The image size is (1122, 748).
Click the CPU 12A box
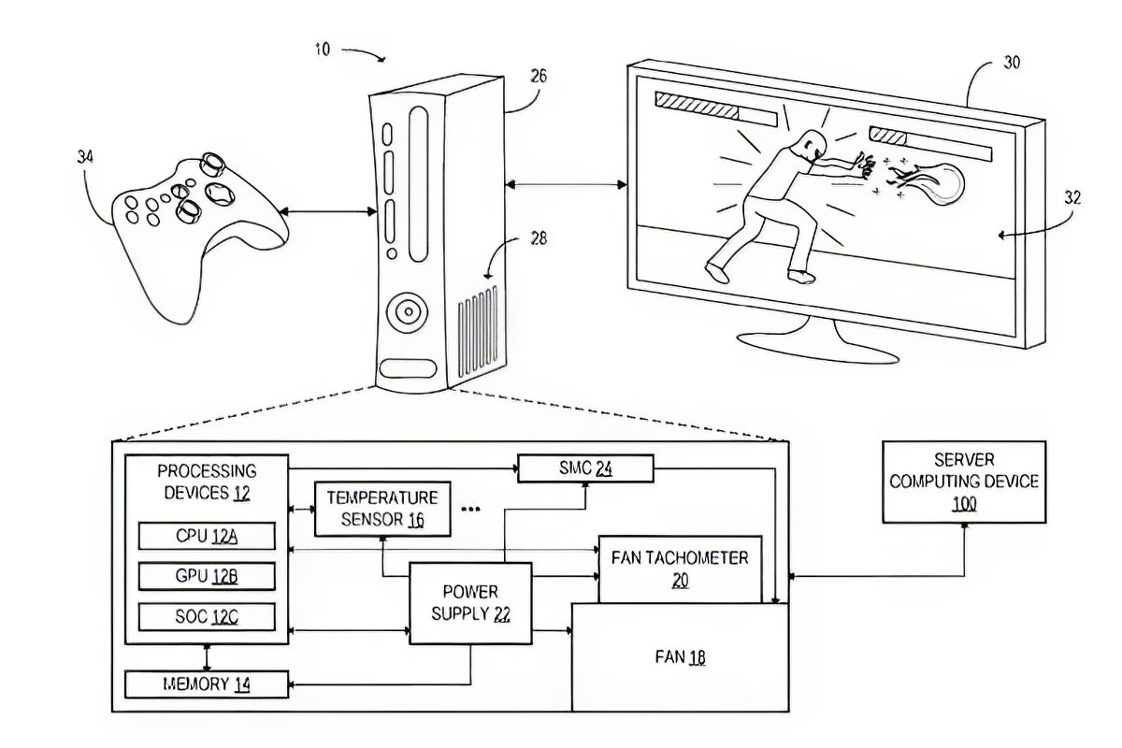(x=207, y=536)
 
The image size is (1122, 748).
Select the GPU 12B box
(x=207, y=576)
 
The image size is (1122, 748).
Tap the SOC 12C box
(x=207, y=617)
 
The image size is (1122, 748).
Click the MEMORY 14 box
(x=207, y=684)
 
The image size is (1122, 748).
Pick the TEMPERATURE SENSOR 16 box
(x=382, y=509)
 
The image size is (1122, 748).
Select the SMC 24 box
(x=585, y=468)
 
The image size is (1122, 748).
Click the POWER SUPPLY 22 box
(x=470, y=603)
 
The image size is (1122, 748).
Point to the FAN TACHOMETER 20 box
(x=681, y=569)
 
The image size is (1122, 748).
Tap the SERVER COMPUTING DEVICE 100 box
(x=964, y=482)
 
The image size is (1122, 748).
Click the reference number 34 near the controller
(x=85, y=157)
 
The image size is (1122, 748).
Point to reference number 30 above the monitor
(x=1012, y=63)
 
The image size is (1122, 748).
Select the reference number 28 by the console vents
(x=539, y=238)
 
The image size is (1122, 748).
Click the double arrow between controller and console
(x=327, y=212)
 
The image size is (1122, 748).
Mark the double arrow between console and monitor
(x=566, y=185)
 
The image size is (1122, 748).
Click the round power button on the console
(x=409, y=312)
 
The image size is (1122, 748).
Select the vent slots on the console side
(x=478, y=331)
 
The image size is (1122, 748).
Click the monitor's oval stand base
(x=818, y=346)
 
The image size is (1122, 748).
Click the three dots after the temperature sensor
(x=470, y=509)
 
